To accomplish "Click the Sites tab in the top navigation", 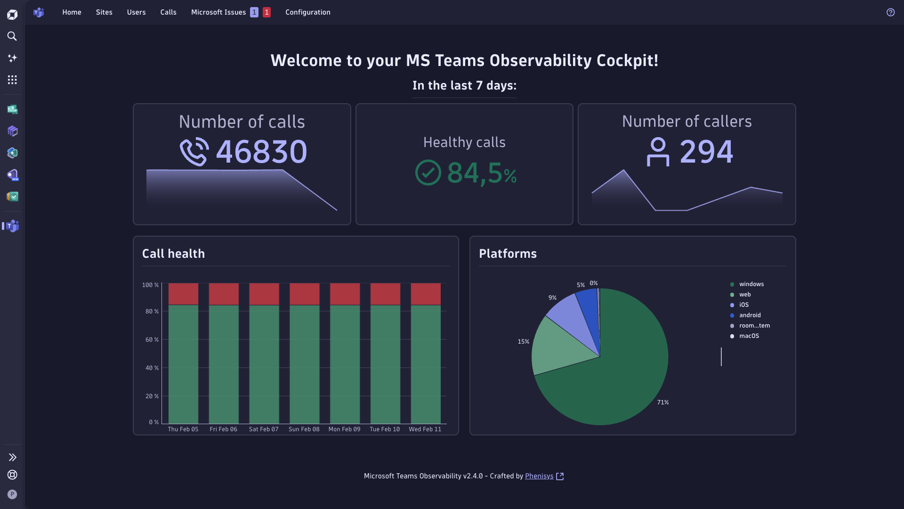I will [x=104, y=12].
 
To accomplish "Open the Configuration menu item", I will [x=308, y=12].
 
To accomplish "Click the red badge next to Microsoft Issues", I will [x=266, y=12].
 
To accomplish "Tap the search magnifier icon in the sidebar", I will [x=12, y=36].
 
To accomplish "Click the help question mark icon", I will [x=890, y=12].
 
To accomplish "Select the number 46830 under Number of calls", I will [x=261, y=152].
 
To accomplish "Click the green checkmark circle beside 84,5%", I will [x=428, y=172].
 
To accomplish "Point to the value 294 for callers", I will [x=706, y=152].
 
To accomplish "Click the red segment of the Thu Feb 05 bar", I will [x=183, y=294].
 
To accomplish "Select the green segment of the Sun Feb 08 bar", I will [x=304, y=364].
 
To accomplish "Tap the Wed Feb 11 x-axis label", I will [x=425, y=429].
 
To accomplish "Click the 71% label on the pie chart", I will [x=663, y=402].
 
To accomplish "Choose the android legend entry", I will [x=750, y=315].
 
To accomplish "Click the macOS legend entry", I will [x=749, y=336].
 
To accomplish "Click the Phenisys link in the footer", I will [x=539, y=476].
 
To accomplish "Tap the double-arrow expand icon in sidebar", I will [x=12, y=457].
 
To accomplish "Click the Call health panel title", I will [x=173, y=254].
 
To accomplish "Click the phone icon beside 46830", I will [x=194, y=152].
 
